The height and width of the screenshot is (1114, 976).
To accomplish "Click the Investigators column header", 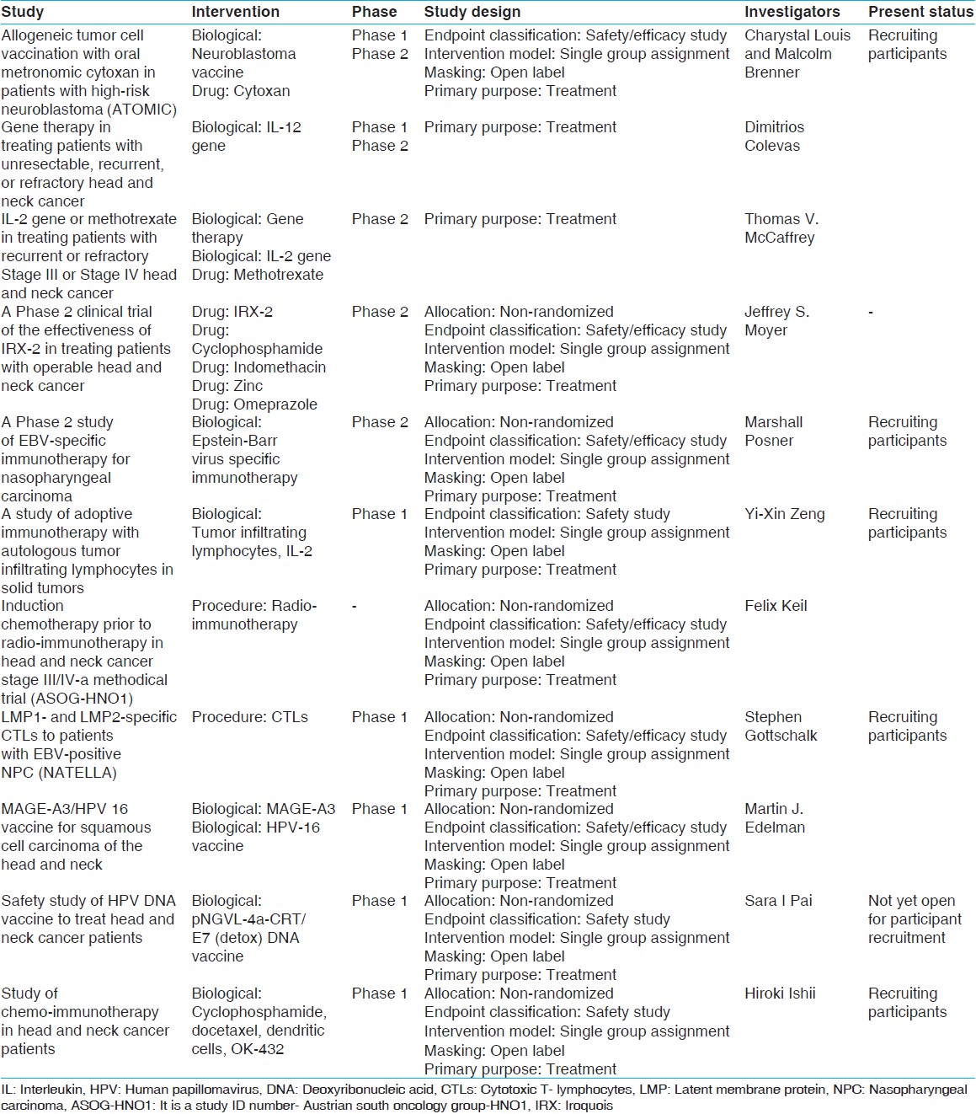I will point(792,12).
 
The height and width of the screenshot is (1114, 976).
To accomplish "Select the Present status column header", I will point(920,12).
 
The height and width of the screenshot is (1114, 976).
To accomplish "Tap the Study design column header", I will point(472,12).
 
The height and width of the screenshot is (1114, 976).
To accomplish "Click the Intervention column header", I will point(235,12).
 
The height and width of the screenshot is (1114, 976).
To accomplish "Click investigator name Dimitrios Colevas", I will point(774,137).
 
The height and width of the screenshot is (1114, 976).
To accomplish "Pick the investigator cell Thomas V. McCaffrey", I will point(781,228).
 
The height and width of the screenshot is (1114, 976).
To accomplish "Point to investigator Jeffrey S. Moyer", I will point(776,321).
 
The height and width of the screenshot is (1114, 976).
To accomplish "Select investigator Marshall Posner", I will point(773,431).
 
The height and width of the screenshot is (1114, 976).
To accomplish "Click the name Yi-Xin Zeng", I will point(784,514).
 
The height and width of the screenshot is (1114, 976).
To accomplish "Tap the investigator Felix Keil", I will point(776,606).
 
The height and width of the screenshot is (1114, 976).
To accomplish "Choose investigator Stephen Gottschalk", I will point(781,726).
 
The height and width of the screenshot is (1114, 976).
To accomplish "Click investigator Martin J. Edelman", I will point(774,818).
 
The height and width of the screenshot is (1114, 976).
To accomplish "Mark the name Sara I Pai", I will point(778,901).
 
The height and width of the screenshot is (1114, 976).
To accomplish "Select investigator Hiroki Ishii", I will point(780,993).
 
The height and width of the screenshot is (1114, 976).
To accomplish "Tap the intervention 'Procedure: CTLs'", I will point(249,717).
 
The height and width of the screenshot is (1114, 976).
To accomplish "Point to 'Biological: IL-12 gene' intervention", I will point(246,137).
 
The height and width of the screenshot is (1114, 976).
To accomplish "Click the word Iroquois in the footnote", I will point(589,1105).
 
